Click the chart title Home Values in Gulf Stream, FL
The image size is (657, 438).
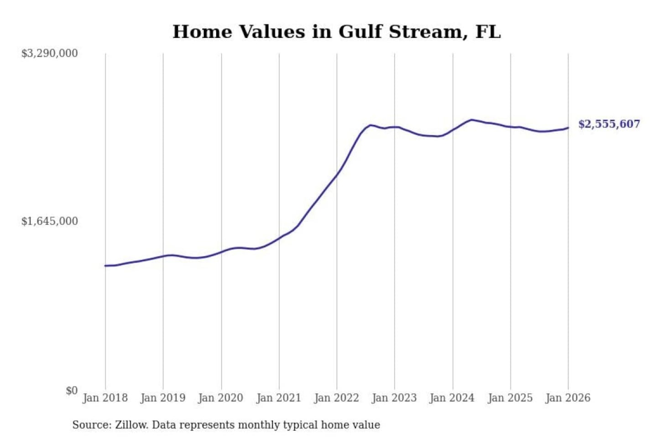[x=337, y=31]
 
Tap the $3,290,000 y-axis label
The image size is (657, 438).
[x=49, y=53]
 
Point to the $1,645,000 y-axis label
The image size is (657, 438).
[x=49, y=221]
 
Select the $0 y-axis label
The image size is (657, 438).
[x=72, y=391]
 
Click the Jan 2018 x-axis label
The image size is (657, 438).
[x=105, y=398]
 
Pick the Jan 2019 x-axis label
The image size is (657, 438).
[x=163, y=398]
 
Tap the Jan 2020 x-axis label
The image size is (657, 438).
[x=221, y=398]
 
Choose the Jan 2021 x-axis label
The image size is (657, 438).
[x=279, y=398]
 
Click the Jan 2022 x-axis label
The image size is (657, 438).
[x=337, y=398]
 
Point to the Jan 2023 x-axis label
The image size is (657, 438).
[x=394, y=398]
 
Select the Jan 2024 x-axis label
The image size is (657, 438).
[x=452, y=398]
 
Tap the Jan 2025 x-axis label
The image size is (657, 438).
[x=510, y=398]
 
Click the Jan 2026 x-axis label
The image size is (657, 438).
[x=568, y=398]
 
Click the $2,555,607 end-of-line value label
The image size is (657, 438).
[x=609, y=124]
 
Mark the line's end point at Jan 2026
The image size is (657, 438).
[x=568, y=128]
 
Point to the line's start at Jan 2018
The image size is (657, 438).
[x=105, y=266]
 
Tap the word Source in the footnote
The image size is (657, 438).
[x=91, y=425]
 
